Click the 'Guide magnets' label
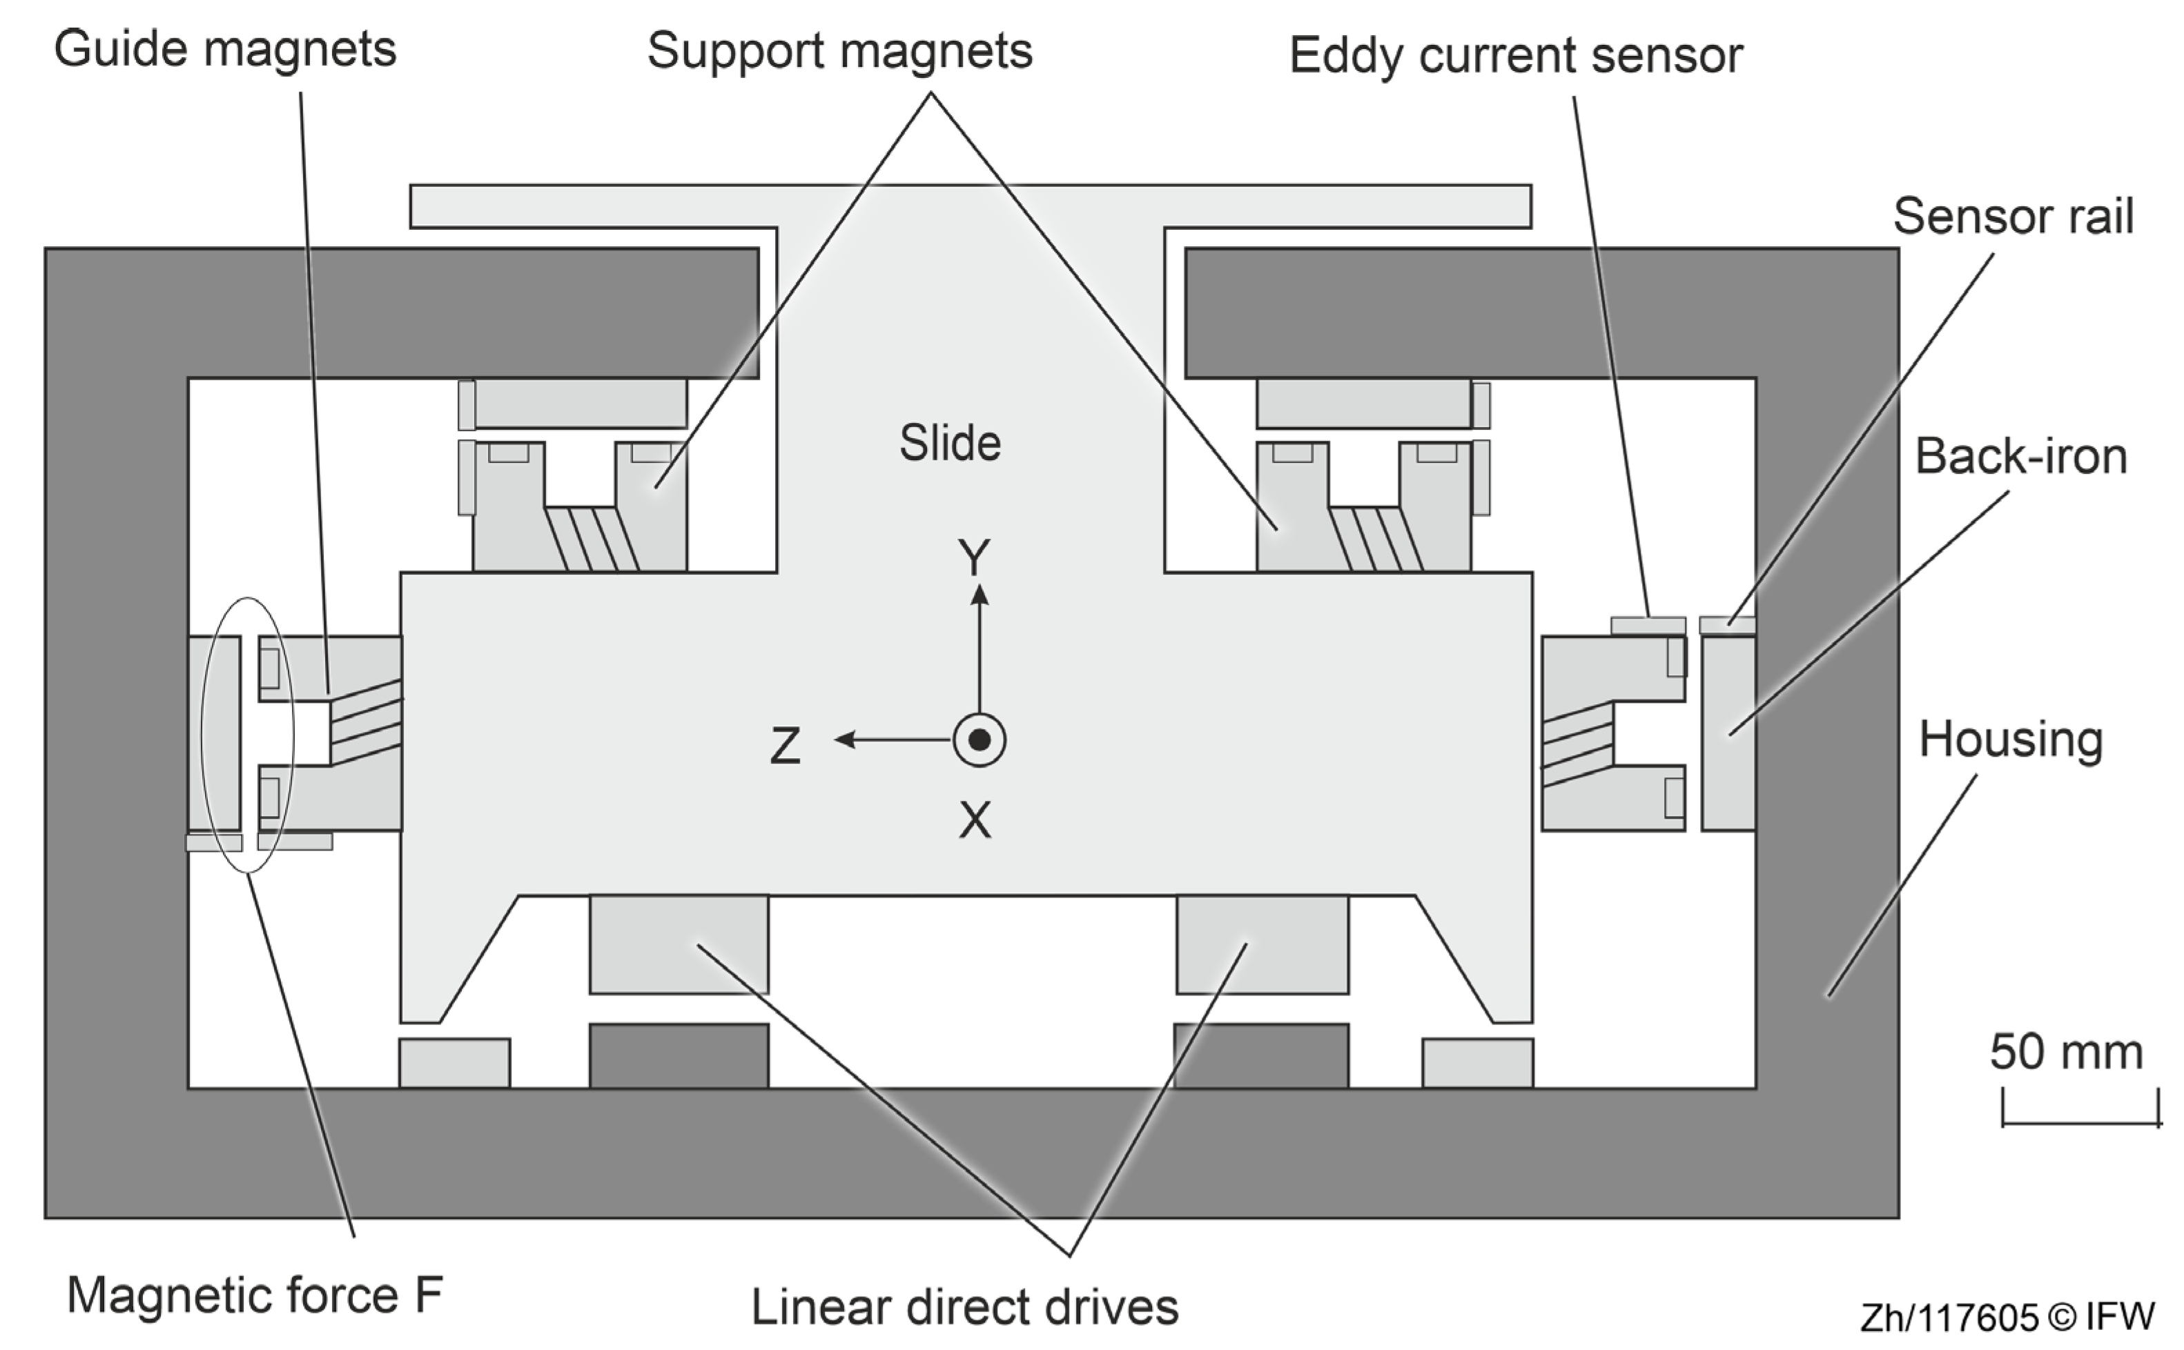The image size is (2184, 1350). click(225, 49)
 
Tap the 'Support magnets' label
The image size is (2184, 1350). click(839, 51)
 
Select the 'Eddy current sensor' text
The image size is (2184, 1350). click(1516, 55)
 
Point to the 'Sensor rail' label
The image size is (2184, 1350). click(2014, 216)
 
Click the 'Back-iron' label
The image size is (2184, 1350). click(2020, 456)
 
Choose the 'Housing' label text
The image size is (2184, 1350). click(2011, 739)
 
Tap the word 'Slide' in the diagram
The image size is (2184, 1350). click(950, 443)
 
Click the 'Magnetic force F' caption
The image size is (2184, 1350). click(255, 1295)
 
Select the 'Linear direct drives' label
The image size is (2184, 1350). click(965, 1307)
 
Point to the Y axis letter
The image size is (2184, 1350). click(974, 558)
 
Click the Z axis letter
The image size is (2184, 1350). click(785, 746)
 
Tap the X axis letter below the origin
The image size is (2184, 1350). click(975, 820)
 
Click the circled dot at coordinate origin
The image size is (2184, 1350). click(979, 740)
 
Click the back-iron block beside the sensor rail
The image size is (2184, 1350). click(1728, 734)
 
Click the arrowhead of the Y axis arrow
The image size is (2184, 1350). click(980, 594)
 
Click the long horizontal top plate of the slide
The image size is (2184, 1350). click(970, 206)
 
